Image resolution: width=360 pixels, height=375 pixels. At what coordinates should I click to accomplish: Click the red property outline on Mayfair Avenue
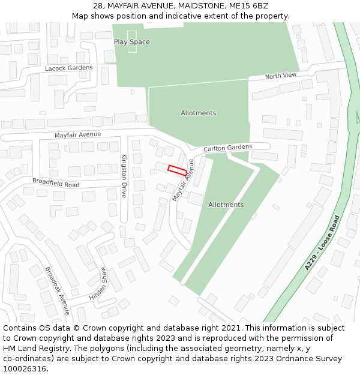coord(177,170)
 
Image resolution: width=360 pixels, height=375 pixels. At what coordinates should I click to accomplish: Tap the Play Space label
coord(132,42)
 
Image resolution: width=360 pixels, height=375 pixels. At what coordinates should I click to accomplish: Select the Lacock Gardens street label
coord(69,68)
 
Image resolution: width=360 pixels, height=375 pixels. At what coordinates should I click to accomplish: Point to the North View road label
coord(281,76)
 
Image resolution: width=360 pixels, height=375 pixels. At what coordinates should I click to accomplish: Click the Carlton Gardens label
coord(227,148)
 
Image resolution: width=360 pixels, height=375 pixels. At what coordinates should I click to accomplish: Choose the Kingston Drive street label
coord(124,176)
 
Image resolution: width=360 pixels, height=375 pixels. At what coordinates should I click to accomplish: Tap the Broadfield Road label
coord(56,182)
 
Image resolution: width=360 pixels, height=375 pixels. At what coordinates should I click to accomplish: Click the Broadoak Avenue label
coord(58,291)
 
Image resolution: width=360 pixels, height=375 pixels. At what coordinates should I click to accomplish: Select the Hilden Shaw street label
coord(98,283)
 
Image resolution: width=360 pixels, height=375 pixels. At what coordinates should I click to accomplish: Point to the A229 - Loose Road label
coord(322,242)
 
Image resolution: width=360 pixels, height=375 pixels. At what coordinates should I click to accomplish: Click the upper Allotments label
coord(198,113)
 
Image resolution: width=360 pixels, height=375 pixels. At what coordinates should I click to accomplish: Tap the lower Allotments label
coord(226,205)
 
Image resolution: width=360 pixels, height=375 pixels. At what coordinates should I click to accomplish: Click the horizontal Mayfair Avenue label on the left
coord(78,135)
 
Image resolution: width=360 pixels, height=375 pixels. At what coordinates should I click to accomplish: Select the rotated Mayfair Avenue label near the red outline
coord(184,180)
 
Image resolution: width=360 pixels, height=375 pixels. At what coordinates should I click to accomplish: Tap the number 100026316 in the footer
coord(25,369)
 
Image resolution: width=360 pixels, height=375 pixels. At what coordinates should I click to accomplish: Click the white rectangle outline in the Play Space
coord(132,41)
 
